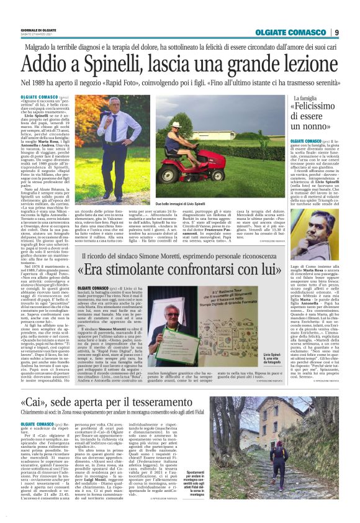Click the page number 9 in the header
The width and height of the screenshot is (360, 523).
336,32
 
